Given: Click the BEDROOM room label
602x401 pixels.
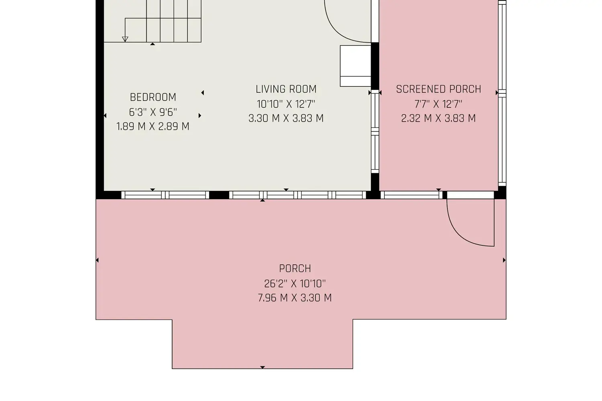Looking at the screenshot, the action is click(153, 97).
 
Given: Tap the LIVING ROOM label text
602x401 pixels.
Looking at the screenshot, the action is click(286, 89).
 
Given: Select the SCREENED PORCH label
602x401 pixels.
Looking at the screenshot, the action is click(438, 89).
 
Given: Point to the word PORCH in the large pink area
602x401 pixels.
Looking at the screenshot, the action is click(295, 268).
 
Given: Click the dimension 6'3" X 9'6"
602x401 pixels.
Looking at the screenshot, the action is click(153, 112).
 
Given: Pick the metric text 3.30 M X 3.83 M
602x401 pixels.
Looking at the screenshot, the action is click(286, 118).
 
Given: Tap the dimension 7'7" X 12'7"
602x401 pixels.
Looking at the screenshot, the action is click(438, 104).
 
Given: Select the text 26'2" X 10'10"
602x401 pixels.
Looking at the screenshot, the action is click(295, 284).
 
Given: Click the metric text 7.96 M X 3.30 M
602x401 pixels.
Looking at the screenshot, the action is click(295, 298).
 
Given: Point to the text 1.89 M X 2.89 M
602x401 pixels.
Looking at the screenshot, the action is click(153, 126).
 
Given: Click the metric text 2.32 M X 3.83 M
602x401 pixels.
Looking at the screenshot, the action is click(438, 118).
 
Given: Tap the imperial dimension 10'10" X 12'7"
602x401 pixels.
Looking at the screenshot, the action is click(286, 104).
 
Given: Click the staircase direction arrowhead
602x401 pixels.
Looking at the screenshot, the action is click(125, 39).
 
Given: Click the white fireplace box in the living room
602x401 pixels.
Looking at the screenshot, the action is click(356, 66).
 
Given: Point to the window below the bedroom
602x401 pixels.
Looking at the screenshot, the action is click(165, 195).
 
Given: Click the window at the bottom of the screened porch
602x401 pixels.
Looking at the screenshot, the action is click(411, 195).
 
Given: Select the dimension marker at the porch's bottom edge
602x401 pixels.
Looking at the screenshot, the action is click(262, 367).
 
